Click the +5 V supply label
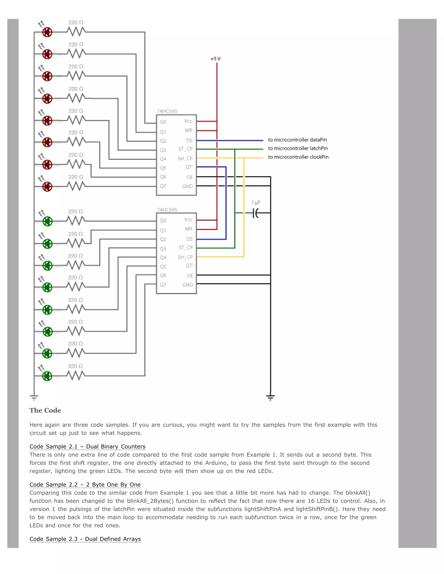coord(215,59)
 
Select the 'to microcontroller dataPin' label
coord(297,140)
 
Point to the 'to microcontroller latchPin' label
coord(298,149)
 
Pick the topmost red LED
coord(47,32)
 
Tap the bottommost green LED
coord(47,376)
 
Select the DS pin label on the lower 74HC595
coord(189,239)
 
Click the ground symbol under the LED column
coord(34,397)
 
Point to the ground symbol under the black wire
coord(270,397)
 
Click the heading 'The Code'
coord(45,410)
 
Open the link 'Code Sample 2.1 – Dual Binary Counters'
coord(87,447)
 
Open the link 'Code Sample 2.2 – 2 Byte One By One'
coord(85,485)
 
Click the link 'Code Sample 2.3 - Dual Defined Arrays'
coord(85,539)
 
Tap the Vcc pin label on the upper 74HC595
coord(188,121)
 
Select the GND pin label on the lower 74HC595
coord(188,285)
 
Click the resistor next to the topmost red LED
coord(76,32)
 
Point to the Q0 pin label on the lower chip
coord(163,221)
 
